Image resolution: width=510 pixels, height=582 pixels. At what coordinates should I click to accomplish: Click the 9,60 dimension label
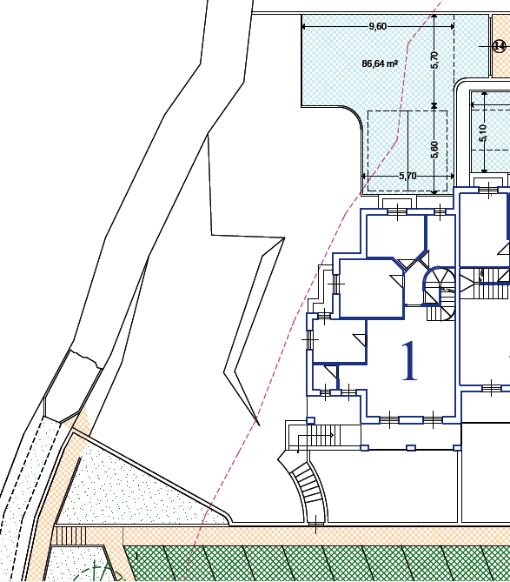click(x=378, y=26)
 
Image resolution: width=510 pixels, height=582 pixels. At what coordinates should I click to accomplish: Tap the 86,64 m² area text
click(x=380, y=64)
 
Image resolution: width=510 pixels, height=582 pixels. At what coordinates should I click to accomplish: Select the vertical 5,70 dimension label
click(x=434, y=60)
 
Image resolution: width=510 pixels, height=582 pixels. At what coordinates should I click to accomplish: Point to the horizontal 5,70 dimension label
click(x=407, y=176)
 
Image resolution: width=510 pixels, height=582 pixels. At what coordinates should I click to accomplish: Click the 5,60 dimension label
click(x=434, y=150)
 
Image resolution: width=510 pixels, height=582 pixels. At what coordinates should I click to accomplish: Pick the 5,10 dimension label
click(x=482, y=133)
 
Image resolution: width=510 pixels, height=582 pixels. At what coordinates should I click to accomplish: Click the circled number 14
click(x=500, y=46)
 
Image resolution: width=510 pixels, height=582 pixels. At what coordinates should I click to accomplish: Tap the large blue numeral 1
click(x=409, y=361)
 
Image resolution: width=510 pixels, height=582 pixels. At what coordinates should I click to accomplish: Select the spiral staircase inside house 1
click(x=440, y=293)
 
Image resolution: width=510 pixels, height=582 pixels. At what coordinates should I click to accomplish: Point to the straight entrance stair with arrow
click(x=318, y=435)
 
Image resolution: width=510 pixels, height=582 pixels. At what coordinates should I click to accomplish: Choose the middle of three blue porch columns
click(x=411, y=448)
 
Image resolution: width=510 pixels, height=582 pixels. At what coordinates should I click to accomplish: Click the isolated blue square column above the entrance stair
click(x=310, y=420)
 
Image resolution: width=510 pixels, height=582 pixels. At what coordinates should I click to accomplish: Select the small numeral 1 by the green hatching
click(x=136, y=556)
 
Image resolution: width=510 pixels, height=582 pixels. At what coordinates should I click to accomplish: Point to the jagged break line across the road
click(x=86, y=358)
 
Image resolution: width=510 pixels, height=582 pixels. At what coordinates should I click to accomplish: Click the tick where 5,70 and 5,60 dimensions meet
click(x=434, y=106)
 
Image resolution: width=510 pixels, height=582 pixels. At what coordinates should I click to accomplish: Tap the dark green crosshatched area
click(x=315, y=564)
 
